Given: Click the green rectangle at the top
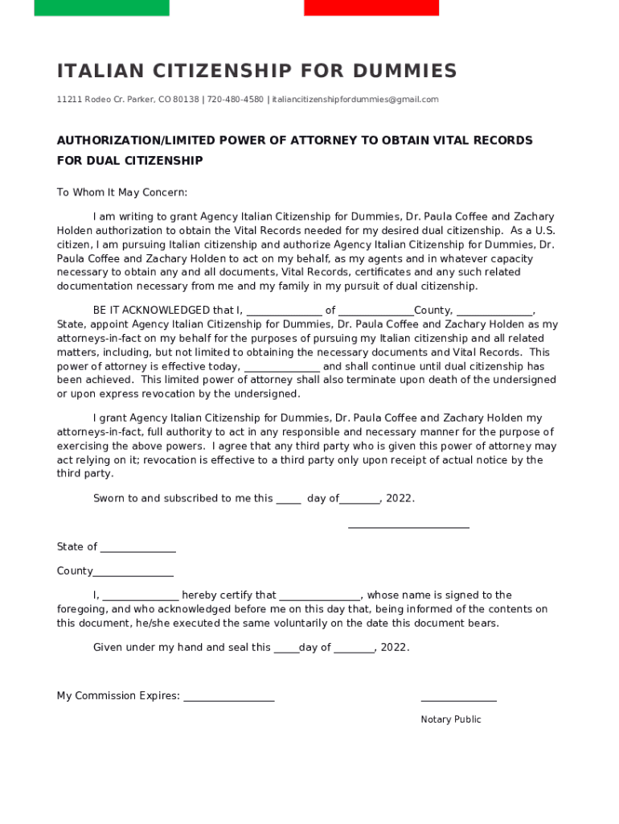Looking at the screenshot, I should coord(101,8).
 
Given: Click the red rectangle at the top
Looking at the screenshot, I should coord(371,8).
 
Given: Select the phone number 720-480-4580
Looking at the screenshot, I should coord(235,99).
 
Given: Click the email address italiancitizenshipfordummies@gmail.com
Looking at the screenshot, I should coord(355,99).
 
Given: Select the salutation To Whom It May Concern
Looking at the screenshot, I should coord(121,192).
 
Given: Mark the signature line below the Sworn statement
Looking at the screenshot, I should coord(408,528).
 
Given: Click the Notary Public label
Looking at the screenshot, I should coord(450,719).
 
